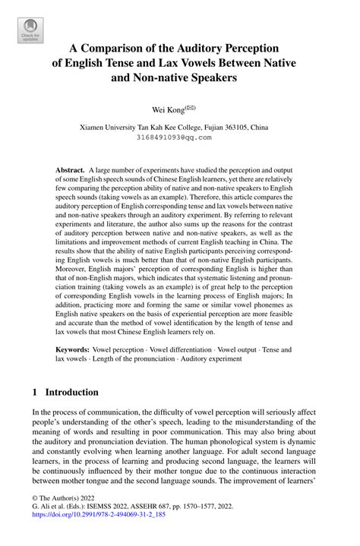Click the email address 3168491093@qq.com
click(x=180, y=137)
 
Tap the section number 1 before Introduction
click(x=35, y=393)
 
